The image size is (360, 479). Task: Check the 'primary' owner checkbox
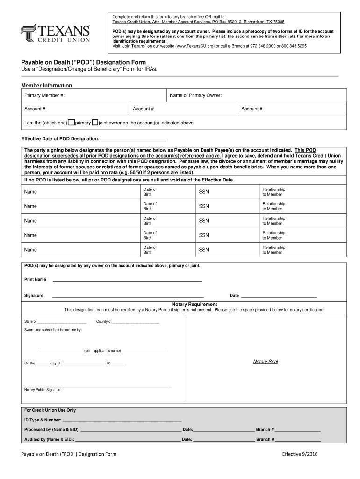click(x=71, y=123)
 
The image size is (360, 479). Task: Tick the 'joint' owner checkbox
click(x=95, y=123)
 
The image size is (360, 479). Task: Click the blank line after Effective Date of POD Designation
click(x=133, y=139)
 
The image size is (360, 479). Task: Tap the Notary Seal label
click(x=265, y=362)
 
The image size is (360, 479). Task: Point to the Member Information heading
click(x=47, y=86)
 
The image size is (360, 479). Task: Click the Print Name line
click(x=127, y=280)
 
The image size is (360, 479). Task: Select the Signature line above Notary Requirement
click(x=128, y=296)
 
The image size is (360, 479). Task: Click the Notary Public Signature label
click(x=43, y=390)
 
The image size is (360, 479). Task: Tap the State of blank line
click(x=62, y=323)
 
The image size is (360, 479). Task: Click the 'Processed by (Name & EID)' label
click(x=52, y=430)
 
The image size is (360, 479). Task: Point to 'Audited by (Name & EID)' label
click(x=49, y=440)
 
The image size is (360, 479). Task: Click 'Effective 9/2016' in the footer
click(x=300, y=454)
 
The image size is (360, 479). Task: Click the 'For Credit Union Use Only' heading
click(x=50, y=410)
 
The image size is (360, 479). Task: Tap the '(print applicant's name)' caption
click(x=102, y=351)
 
